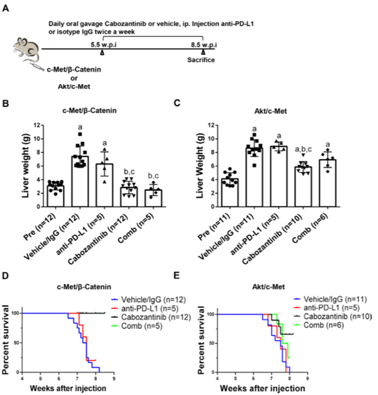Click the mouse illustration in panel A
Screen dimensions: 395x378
[25, 47]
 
